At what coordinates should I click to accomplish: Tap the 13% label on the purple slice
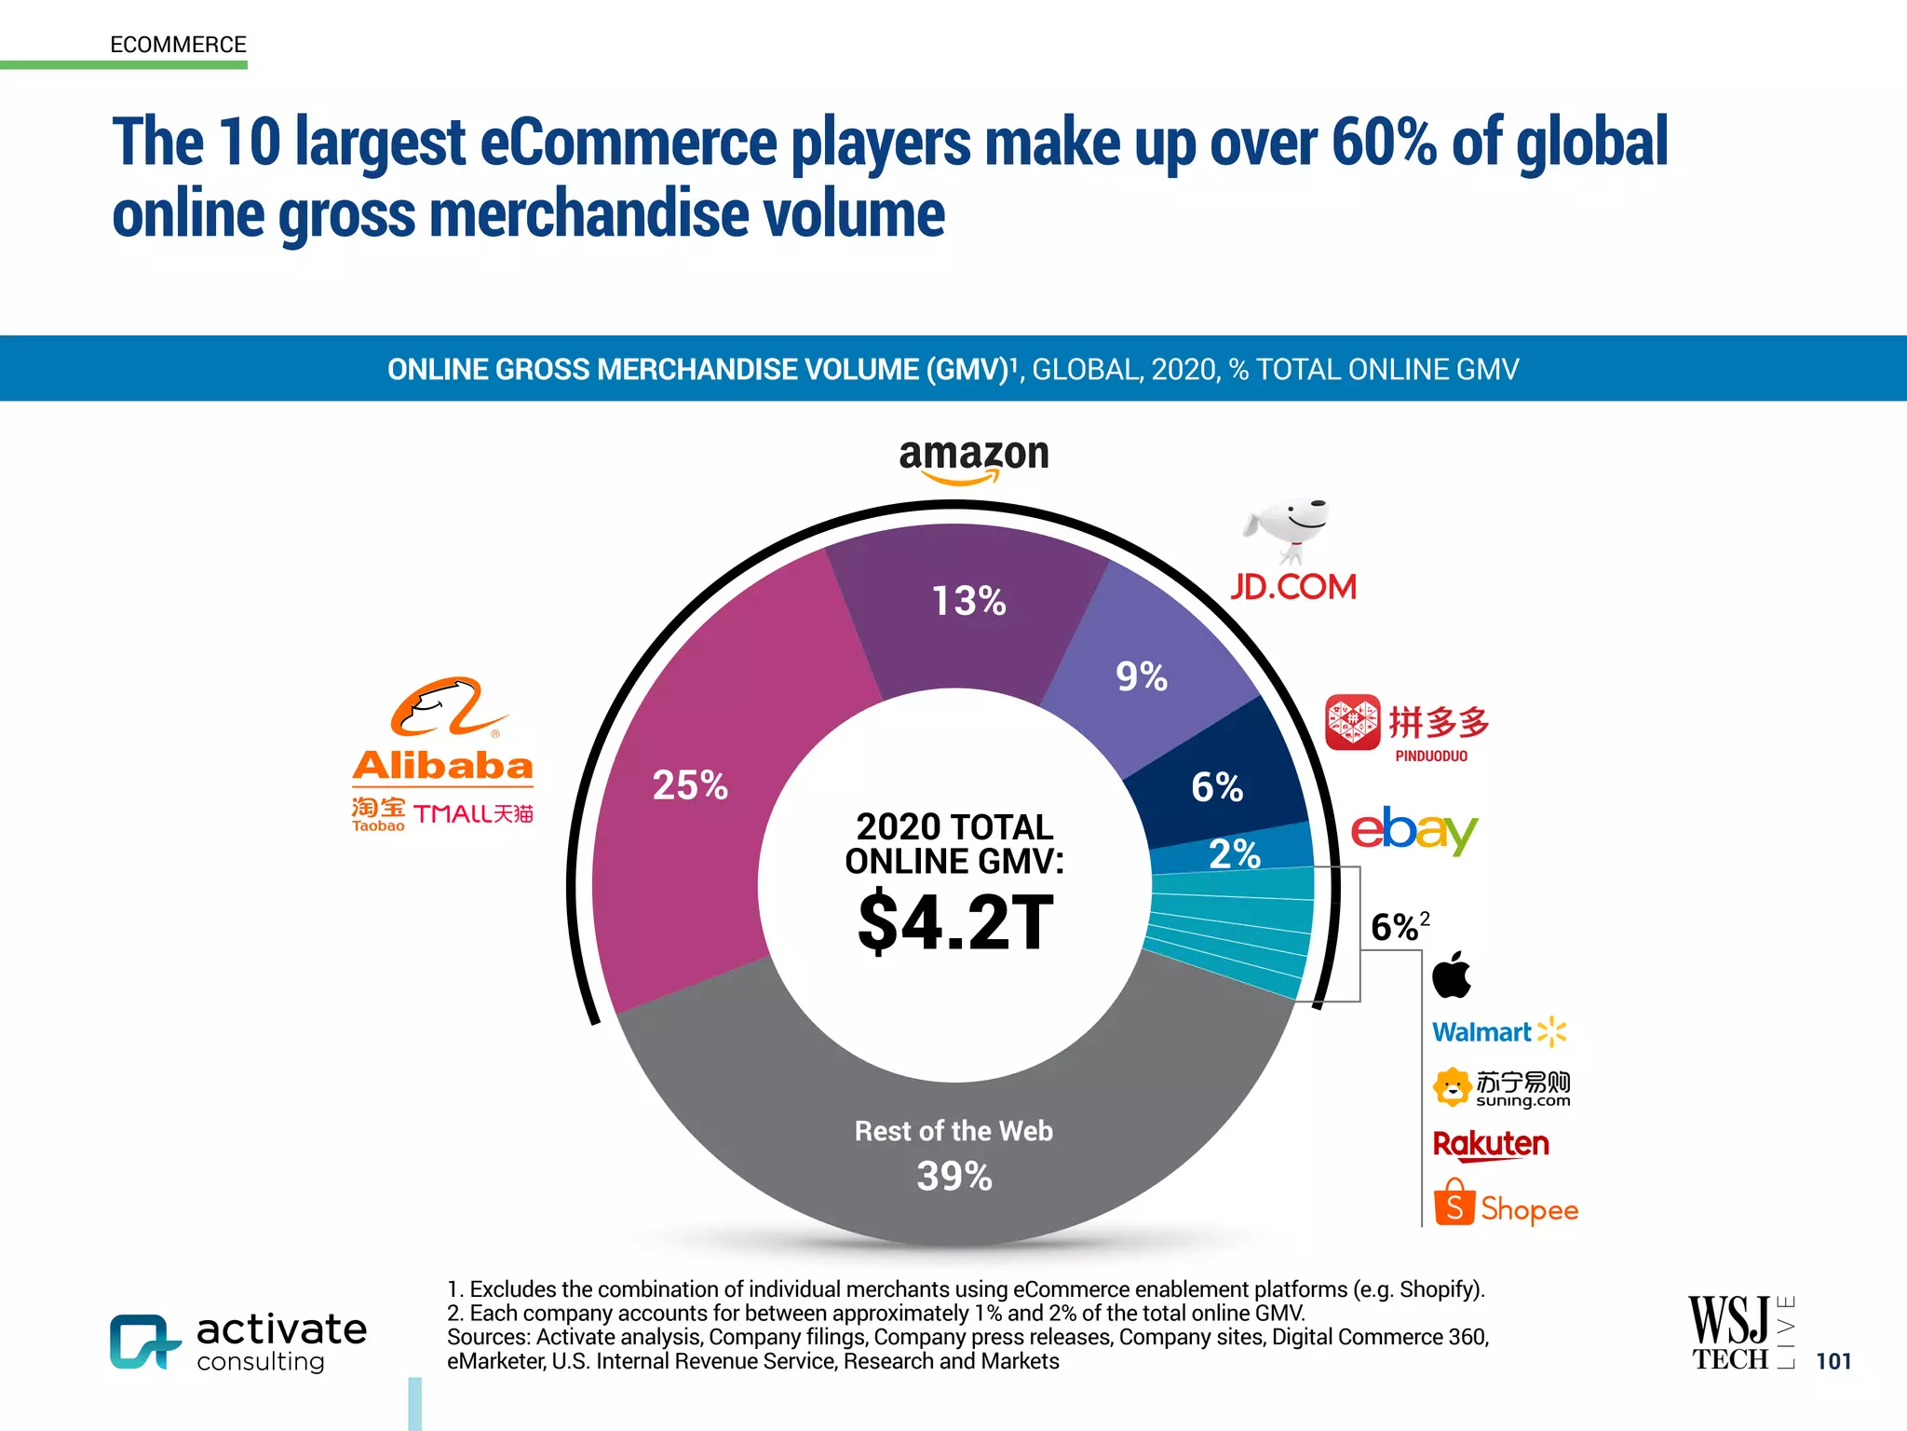tap(968, 601)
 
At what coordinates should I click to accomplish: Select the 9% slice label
tap(1142, 676)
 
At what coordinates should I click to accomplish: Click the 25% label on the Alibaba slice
tap(690, 785)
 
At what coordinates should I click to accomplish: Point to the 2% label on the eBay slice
tap(1235, 853)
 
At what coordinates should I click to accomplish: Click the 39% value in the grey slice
tap(954, 1176)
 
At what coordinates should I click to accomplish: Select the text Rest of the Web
tap(953, 1131)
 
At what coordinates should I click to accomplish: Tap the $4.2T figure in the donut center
tap(955, 923)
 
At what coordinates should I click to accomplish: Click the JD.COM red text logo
tap(1293, 587)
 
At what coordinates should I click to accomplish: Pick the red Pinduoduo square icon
tap(1352, 722)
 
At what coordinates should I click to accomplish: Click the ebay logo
tap(1413, 829)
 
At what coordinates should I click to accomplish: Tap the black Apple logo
tap(1451, 974)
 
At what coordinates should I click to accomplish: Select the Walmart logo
tap(1498, 1032)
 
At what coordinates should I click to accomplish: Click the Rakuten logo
tap(1491, 1144)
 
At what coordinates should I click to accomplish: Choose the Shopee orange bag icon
tap(1454, 1203)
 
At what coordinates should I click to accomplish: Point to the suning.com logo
tap(1502, 1087)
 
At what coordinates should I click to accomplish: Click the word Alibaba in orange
tap(442, 766)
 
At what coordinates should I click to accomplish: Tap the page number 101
tap(1833, 1361)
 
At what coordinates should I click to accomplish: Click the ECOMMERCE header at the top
tap(178, 45)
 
